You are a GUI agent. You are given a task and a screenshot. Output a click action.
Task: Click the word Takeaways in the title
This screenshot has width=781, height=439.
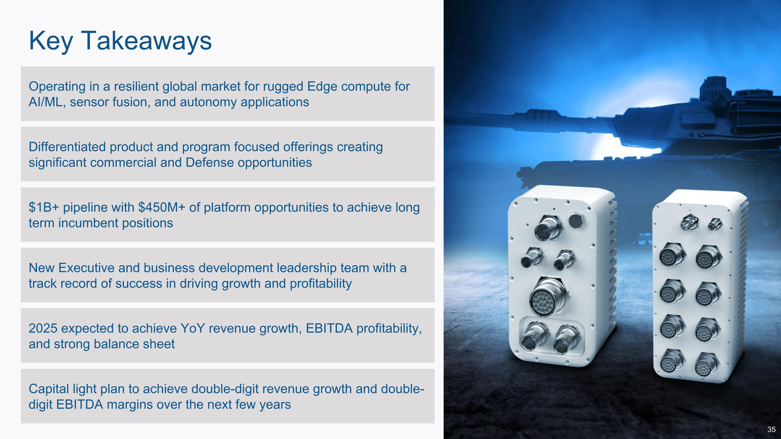[x=146, y=41]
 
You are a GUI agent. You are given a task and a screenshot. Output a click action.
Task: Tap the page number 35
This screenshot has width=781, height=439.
[x=771, y=429]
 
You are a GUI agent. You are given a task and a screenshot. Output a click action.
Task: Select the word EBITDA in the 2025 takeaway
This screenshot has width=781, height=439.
[x=329, y=328]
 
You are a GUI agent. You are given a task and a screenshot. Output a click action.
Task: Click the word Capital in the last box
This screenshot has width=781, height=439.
[x=48, y=389]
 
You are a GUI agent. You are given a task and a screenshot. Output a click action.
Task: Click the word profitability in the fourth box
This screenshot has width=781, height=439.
[x=321, y=284]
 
